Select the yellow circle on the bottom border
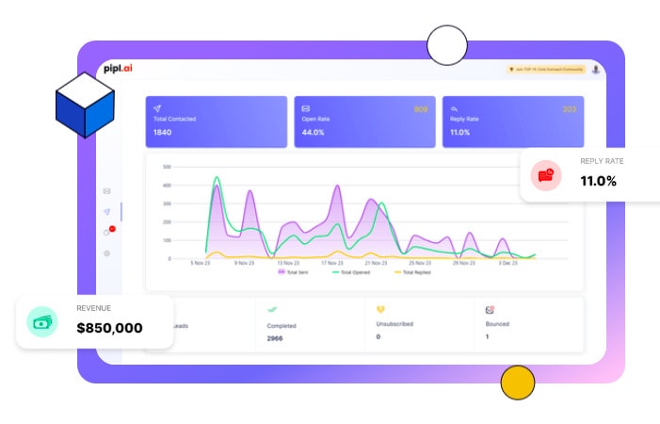click(517, 382)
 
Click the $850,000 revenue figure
click(109, 328)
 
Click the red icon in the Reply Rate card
click(545, 174)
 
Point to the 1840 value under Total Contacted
click(163, 133)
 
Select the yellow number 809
click(421, 109)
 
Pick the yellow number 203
click(569, 109)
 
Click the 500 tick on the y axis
click(167, 167)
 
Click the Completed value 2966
click(275, 337)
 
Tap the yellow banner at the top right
click(545, 70)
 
